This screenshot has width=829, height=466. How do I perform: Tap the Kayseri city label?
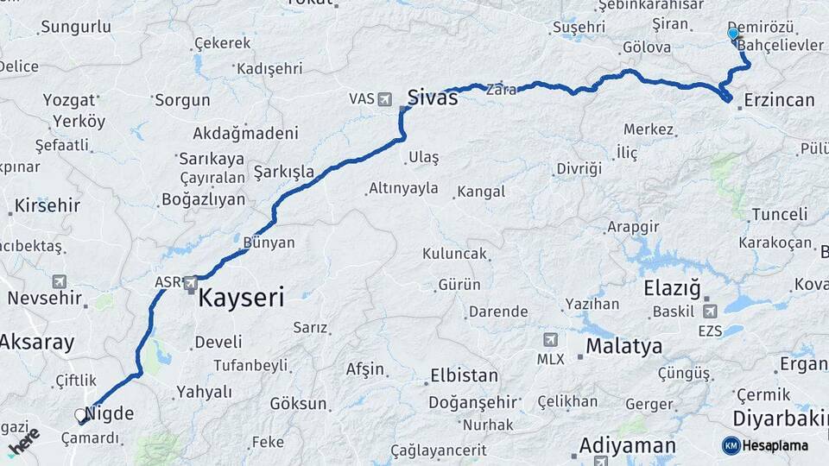(x=241, y=299)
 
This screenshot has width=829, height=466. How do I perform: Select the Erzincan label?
(x=777, y=100)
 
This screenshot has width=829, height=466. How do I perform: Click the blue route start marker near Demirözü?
(x=733, y=35)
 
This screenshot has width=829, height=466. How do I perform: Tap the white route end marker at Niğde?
(x=81, y=415)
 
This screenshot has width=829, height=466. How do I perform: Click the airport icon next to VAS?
(x=384, y=99)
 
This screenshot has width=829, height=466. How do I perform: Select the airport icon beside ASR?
(x=191, y=281)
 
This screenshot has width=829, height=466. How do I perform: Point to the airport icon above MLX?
(x=550, y=340)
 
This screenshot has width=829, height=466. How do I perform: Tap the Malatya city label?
(x=624, y=347)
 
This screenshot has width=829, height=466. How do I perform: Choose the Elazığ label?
(x=672, y=288)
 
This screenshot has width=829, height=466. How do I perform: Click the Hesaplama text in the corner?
(x=775, y=446)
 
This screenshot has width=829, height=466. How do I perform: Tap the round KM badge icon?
(x=731, y=445)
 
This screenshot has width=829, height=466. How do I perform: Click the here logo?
(x=24, y=442)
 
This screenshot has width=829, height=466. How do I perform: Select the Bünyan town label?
(x=269, y=243)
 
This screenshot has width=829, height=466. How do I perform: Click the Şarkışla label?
(x=284, y=172)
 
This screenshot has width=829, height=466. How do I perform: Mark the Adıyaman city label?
(x=627, y=446)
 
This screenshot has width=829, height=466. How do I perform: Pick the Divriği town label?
(x=579, y=168)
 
